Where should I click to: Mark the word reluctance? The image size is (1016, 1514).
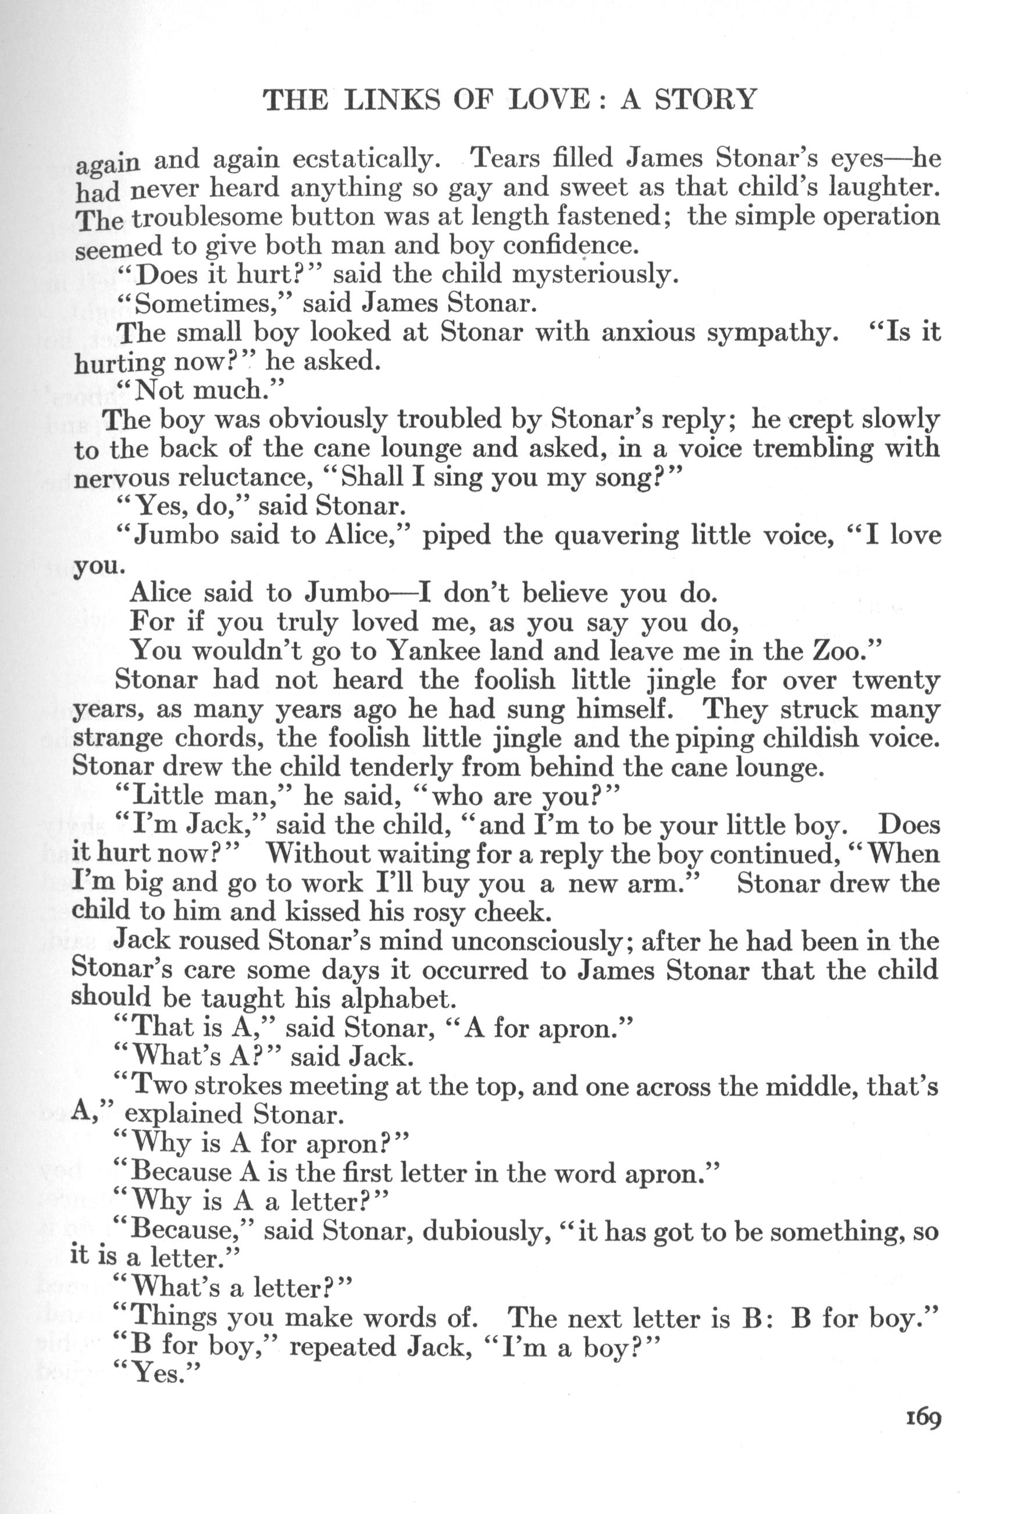point(246,478)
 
